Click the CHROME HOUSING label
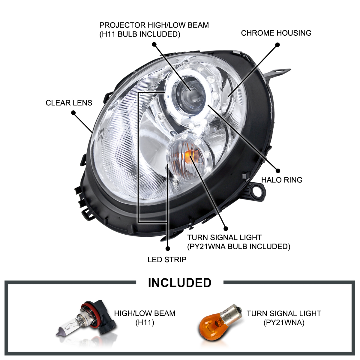pyautogui.click(x=276, y=33)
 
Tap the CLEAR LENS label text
pyautogui.click(x=69, y=103)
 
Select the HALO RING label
pyautogui.click(x=282, y=180)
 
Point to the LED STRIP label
pyautogui.click(x=167, y=259)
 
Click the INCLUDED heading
pyautogui.click(x=180, y=283)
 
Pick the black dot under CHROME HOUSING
pyautogui.click(x=277, y=45)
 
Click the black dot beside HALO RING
pyautogui.click(x=278, y=170)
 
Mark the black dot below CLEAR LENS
pyautogui.click(x=73, y=113)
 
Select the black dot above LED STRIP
pyautogui.click(x=168, y=248)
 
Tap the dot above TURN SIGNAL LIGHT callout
pyautogui.click(x=225, y=229)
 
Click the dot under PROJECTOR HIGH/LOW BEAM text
pyautogui.click(x=154, y=44)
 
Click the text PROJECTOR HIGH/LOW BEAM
pyautogui.click(x=154, y=25)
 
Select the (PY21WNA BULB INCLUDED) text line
pyautogui.click(x=238, y=247)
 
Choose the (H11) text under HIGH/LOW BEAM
pyautogui.click(x=145, y=323)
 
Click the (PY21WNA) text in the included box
pyautogui.click(x=284, y=323)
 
